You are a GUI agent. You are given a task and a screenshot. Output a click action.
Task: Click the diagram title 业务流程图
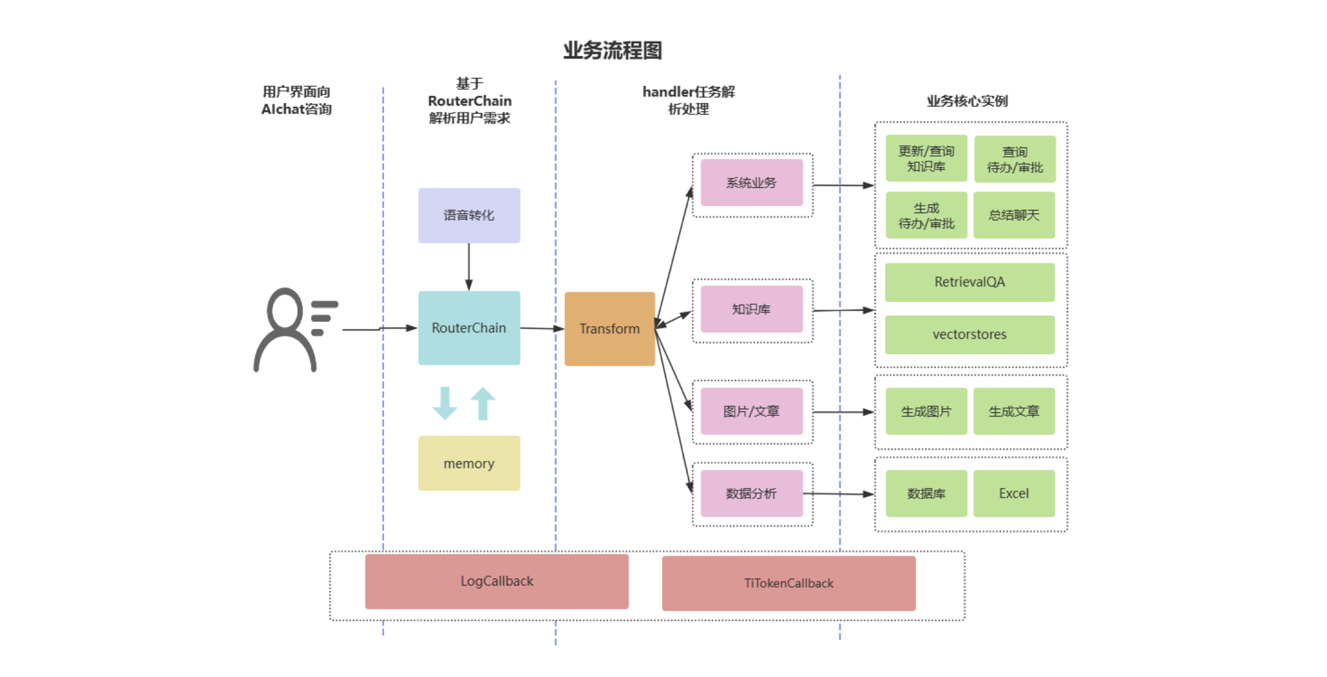click(613, 50)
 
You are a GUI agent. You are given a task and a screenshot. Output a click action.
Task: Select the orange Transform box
click(609, 329)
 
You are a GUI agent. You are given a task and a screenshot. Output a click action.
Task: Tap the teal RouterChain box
click(469, 328)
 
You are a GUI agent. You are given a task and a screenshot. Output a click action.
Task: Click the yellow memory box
click(469, 464)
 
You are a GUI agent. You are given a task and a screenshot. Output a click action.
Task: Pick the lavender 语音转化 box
click(469, 215)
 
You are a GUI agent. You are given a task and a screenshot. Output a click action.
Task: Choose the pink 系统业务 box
click(752, 183)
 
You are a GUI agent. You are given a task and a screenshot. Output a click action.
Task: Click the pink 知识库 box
click(752, 309)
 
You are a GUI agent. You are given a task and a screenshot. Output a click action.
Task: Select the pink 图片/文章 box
click(752, 412)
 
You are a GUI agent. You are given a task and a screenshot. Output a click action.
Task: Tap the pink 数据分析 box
click(752, 494)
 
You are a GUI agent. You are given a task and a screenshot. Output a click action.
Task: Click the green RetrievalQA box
click(970, 282)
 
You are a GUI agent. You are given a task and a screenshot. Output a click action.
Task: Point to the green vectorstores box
click(970, 334)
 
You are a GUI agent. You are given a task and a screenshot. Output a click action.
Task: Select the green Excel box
click(1014, 494)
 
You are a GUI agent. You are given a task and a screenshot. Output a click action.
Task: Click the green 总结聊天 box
click(1014, 215)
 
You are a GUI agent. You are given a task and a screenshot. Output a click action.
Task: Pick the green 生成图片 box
click(926, 412)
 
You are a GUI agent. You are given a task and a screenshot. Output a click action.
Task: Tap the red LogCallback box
click(497, 582)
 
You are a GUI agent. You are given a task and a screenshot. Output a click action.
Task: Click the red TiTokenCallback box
click(789, 584)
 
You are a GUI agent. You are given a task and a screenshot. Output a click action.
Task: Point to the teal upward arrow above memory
click(483, 403)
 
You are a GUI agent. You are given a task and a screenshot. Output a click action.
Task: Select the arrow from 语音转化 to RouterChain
click(469, 267)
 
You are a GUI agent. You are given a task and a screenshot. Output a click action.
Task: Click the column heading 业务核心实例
click(967, 102)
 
